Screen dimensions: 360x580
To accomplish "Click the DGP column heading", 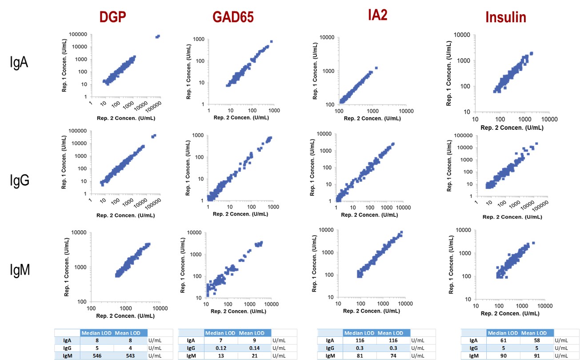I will click(x=113, y=16).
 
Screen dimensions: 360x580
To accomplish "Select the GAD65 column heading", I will click(x=233, y=17).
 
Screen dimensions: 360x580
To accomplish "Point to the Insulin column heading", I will click(x=506, y=17).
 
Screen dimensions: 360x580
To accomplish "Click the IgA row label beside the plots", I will click(x=19, y=62).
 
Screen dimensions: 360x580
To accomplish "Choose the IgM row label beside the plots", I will click(x=20, y=270).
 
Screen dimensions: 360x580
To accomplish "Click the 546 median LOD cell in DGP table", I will click(x=97, y=356).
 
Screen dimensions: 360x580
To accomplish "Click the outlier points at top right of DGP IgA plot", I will click(x=158, y=36).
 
